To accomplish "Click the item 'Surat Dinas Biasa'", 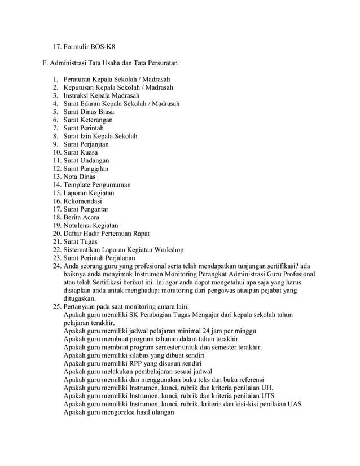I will [89, 112].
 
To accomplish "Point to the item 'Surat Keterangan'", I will [87, 120].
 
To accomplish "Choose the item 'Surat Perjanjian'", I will [86, 144].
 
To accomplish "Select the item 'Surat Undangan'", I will [86, 161].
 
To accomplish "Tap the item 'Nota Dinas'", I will [80, 177].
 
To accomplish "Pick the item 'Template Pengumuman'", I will [97, 185].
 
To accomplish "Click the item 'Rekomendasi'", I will [83, 201].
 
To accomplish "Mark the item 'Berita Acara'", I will [83, 217].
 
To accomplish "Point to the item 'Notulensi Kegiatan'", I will [91, 226].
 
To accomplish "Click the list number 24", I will [56, 266].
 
